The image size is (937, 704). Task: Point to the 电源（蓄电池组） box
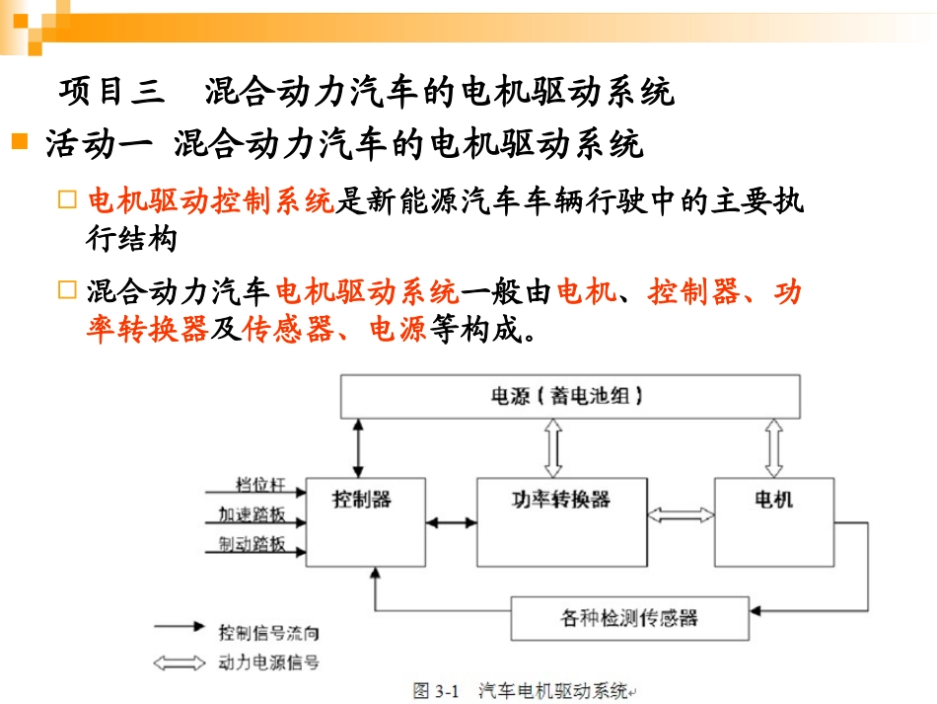click(568, 396)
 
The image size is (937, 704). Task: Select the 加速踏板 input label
click(252, 514)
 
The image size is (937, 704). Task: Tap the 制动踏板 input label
click(252, 544)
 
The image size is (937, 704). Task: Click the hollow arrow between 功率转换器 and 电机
click(681, 515)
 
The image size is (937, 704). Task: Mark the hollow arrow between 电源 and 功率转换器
click(552, 448)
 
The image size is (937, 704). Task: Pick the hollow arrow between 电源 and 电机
click(773, 448)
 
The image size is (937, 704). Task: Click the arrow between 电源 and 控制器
click(357, 448)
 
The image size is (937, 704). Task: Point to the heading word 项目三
click(109, 93)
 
